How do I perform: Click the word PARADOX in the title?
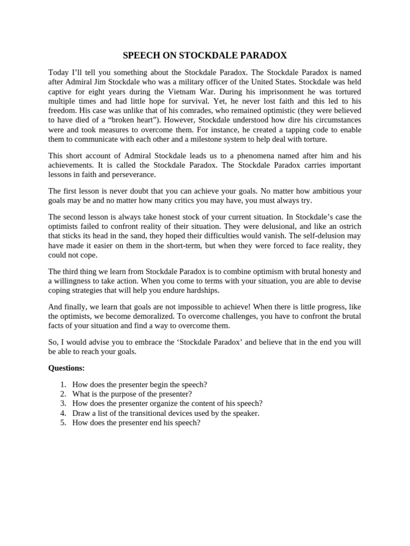pos(265,55)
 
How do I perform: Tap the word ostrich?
pos(349,226)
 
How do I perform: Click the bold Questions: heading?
pos(67,367)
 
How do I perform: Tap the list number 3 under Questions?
pos(62,404)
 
